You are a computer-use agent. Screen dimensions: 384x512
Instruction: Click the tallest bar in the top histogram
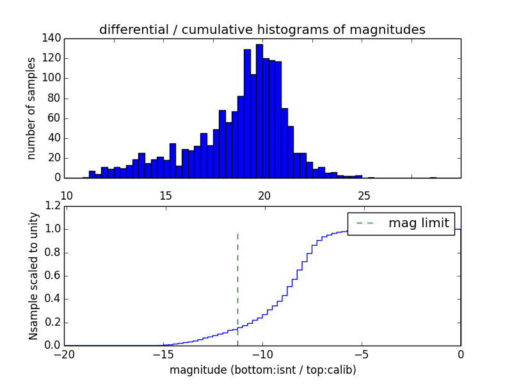point(259,112)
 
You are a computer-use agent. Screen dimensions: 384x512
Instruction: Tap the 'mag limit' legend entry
point(402,223)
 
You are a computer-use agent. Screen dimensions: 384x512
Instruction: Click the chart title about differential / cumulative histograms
point(262,29)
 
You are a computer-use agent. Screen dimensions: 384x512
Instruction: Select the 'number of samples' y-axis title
point(31,108)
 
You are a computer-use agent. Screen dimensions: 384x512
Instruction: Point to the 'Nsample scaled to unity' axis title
point(33,276)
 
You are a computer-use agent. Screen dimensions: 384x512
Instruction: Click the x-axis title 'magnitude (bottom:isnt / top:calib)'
point(262,370)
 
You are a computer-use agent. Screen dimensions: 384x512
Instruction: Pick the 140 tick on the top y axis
point(52,38)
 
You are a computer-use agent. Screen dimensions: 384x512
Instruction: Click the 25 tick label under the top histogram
point(364,195)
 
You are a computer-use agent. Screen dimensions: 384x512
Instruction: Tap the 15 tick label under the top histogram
point(165,195)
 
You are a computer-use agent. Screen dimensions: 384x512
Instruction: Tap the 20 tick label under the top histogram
point(265,195)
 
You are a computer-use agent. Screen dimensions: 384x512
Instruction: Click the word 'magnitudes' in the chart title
point(393,29)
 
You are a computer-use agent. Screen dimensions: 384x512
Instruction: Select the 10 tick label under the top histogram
point(66,195)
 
